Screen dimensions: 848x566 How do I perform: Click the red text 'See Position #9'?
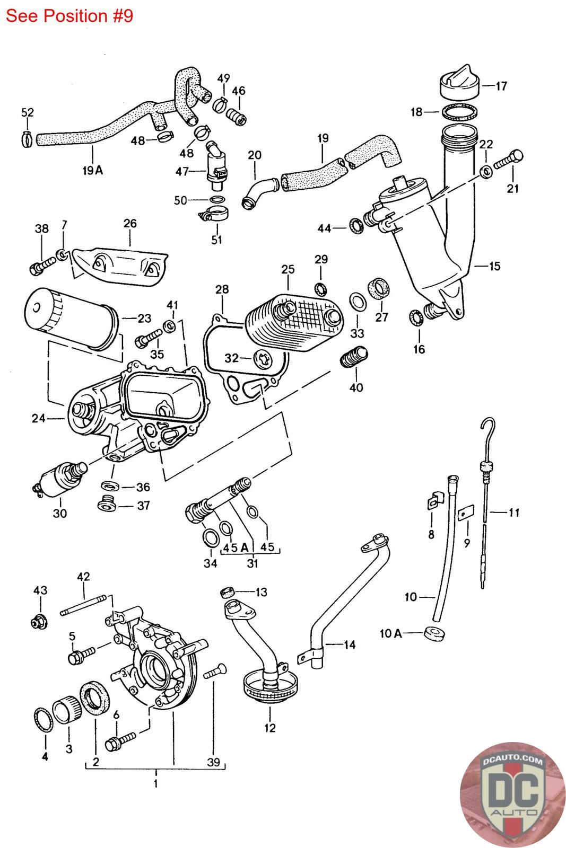coord(69,16)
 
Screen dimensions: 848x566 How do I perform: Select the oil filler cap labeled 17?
coord(459,84)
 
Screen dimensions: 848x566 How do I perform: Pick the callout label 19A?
coord(92,170)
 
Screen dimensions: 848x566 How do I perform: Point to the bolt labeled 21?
coord(508,160)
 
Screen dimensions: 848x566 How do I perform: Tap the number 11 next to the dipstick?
coord(513,513)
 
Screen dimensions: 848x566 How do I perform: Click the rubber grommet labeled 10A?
coord(434,633)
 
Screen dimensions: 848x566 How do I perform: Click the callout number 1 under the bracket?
coord(155,783)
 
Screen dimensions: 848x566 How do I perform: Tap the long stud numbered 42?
coord(85,607)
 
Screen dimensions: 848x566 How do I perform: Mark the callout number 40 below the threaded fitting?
coord(356,387)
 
